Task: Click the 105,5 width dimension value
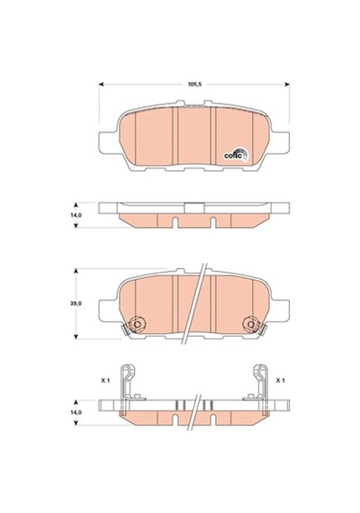coord(194,85)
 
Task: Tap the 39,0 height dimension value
coord(76,303)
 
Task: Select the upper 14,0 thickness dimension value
coord(76,215)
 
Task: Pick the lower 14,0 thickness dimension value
coord(76,412)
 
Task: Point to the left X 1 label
coord(105,381)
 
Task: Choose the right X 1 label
coord(281,381)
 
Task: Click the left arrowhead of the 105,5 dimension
coord(101,85)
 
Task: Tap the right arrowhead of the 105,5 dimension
coord(287,85)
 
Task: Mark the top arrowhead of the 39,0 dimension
coord(76,271)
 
